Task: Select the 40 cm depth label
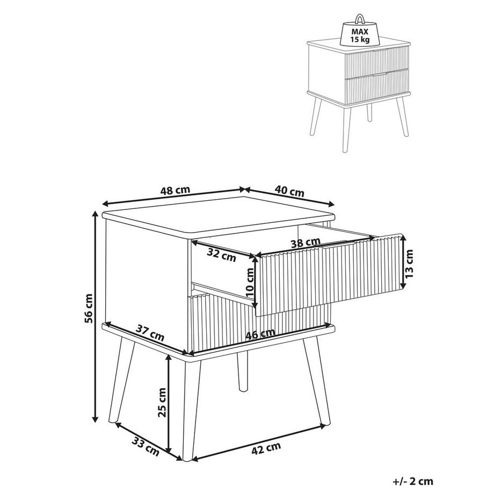(290, 192)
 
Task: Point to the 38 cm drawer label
(304, 243)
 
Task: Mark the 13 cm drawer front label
(410, 264)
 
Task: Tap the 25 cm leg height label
(162, 403)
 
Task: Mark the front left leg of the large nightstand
(189, 408)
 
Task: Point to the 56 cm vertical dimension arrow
(96, 317)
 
